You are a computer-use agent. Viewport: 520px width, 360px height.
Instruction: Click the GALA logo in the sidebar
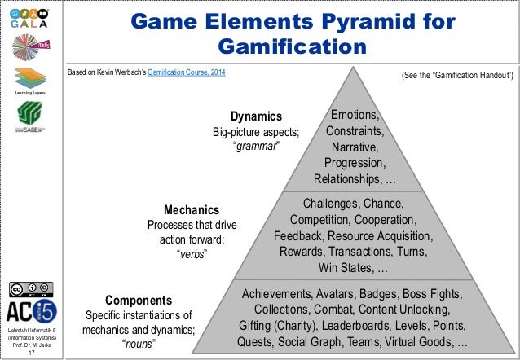(29, 15)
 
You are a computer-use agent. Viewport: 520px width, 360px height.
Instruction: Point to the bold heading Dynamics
(257, 116)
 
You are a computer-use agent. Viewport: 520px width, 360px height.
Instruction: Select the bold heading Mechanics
(192, 209)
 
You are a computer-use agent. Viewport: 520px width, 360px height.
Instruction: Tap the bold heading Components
(138, 300)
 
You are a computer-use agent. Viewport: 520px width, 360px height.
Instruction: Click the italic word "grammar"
(257, 146)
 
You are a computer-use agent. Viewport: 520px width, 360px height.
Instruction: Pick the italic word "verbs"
(192, 254)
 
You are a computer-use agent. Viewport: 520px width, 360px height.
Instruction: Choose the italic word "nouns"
(138, 344)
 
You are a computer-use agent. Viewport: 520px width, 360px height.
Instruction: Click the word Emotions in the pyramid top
(357, 115)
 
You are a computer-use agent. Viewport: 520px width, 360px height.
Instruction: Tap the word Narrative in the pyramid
(354, 147)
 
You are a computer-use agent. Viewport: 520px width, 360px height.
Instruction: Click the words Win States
(348, 268)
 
